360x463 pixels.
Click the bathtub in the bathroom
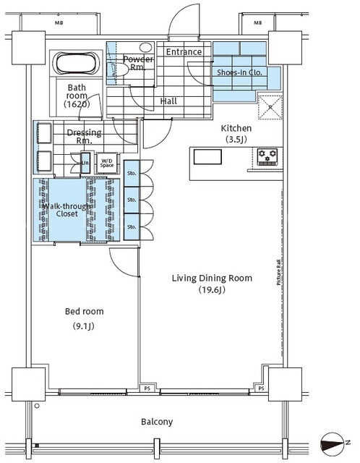[76, 64]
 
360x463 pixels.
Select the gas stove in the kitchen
[267, 156]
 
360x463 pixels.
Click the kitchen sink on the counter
[207, 156]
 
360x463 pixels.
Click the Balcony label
[157, 422]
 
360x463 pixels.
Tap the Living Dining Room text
[212, 278]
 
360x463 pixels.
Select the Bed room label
[84, 311]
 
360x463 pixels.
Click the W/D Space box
[107, 163]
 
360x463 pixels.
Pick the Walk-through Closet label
[67, 210]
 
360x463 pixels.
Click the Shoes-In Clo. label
[239, 72]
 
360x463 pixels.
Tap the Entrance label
[184, 52]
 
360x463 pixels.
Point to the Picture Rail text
[278, 272]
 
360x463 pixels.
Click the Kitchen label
[236, 128]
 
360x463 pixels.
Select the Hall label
[168, 101]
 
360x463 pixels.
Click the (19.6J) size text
[212, 290]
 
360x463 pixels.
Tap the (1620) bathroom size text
[77, 104]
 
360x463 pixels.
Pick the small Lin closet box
[85, 163]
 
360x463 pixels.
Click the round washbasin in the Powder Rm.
[145, 47]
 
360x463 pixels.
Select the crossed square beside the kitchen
[270, 107]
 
